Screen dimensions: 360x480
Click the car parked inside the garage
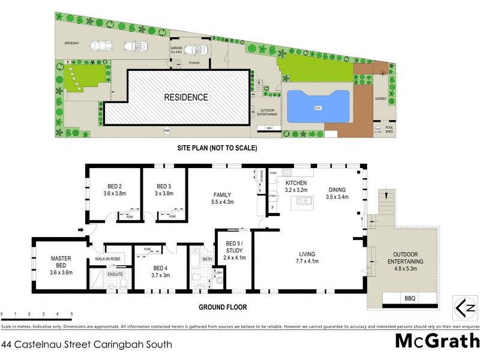(196, 50)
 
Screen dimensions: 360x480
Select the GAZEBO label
(382, 97)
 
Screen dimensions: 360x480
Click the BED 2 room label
(115, 186)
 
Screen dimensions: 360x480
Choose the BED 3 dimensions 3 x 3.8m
(164, 194)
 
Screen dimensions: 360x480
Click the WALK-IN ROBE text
(108, 259)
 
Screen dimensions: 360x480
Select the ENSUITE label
(115, 274)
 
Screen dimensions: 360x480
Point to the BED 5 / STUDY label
(233, 248)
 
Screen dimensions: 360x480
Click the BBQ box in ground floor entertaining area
(410, 298)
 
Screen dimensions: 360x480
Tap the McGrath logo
(437, 341)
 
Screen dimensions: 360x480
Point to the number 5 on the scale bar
(72, 314)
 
